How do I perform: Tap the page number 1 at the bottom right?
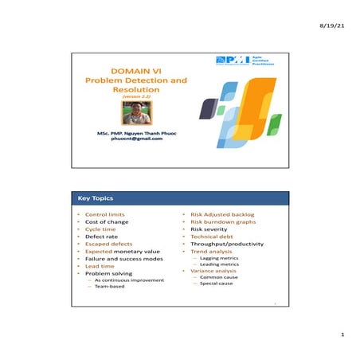click(342, 335)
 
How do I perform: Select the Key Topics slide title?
click(95, 198)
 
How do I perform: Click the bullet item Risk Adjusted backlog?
click(217, 215)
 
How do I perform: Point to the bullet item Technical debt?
click(210, 237)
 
